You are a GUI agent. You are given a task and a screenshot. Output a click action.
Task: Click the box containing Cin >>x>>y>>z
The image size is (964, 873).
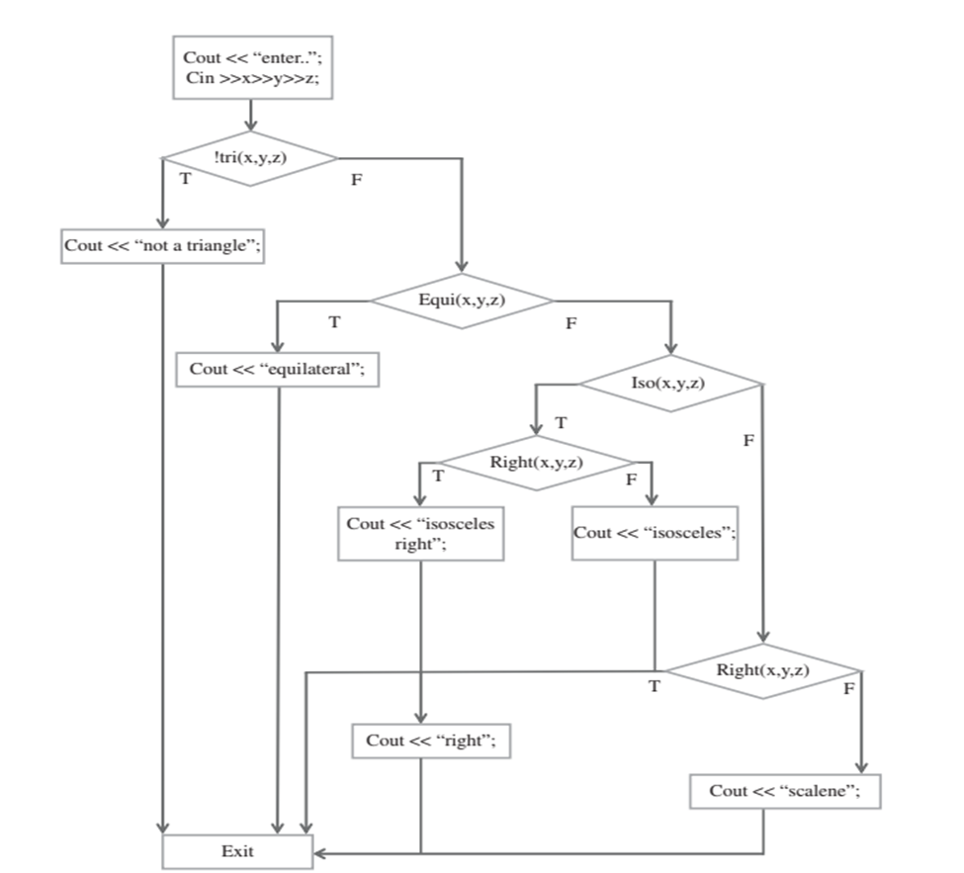[252, 68]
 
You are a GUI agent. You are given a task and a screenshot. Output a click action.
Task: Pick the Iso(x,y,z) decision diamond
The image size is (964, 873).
[670, 383]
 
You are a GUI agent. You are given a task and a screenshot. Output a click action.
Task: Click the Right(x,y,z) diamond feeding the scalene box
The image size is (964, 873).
[762, 670]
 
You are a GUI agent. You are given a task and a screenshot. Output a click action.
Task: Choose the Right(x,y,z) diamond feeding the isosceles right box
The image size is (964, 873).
[536, 463]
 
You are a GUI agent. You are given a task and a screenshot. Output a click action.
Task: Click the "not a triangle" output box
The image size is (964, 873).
[162, 246]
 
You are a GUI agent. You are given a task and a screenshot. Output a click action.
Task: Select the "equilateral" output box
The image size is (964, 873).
[277, 369]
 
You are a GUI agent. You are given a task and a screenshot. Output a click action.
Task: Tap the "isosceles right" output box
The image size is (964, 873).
[420, 534]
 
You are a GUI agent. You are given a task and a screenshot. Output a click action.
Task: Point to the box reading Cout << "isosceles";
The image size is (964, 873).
[655, 533]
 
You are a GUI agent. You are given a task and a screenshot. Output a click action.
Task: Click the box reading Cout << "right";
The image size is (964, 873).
[430, 741]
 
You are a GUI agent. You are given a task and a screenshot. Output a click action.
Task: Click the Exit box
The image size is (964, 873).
[237, 850]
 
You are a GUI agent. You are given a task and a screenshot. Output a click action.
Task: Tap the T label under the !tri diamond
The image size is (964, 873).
[185, 179]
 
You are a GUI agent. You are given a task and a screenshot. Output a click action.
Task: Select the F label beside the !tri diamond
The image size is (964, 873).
[357, 182]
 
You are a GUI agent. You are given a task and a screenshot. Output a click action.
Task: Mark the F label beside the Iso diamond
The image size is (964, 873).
[748, 440]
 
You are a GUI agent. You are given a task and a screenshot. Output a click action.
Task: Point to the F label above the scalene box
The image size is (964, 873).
[848, 688]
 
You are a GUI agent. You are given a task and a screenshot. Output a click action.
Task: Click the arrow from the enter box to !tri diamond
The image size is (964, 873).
[252, 117]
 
